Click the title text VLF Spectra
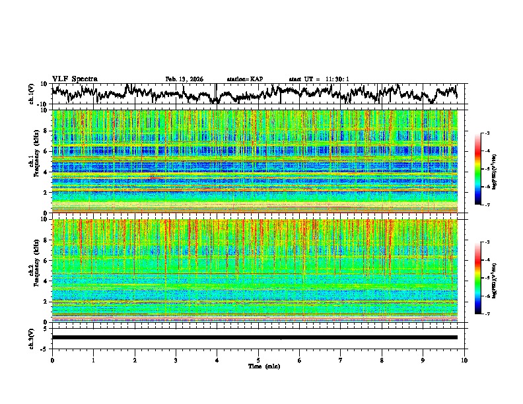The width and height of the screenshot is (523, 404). [75, 79]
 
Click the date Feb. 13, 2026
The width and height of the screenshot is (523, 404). [184, 79]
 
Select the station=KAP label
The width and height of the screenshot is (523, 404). [244, 79]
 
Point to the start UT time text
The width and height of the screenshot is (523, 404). [319, 79]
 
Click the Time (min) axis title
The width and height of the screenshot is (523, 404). [258, 366]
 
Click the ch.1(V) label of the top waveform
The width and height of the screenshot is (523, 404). [32, 94]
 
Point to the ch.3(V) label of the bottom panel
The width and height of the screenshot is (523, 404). [32, 337]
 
